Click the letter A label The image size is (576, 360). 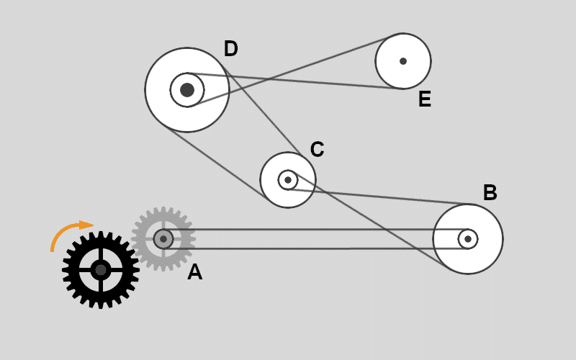click(194, 272)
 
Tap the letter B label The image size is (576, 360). click(490, 193)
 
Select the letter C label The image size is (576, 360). click(317, 150)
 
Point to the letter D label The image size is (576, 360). click(230, 49)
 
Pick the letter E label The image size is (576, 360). click(425, 99)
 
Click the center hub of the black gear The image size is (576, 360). click(100, 270)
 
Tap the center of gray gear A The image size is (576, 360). click(163, 239)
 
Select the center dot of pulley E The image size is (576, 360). click(403, 61)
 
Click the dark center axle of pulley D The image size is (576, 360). click(187, 90)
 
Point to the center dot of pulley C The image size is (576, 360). click(288, 179)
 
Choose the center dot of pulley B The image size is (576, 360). click(468, 239)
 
